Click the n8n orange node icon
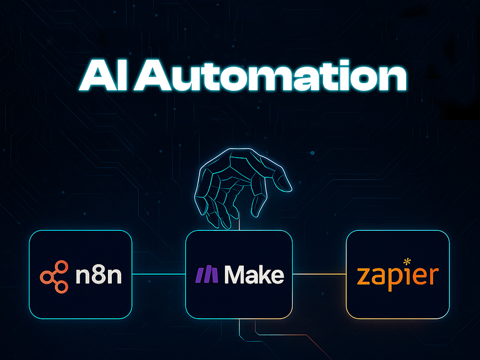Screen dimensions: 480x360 click(54, 276)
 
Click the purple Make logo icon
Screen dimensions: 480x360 click(206, 275)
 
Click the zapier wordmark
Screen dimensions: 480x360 click(397, 276)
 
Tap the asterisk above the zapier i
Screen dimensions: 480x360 click(407, 262)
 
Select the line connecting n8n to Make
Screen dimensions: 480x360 click(158, 274)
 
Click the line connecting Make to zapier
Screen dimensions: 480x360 click(319, 274)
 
